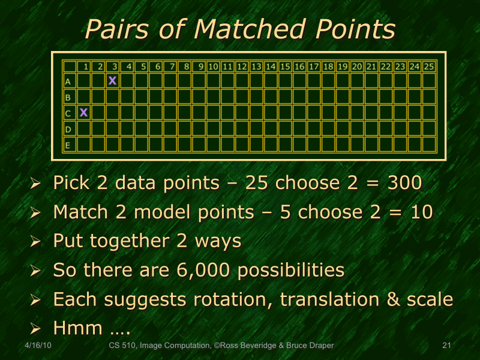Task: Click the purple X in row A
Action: click(x=112, y=80)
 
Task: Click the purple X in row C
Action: click(x=84, y=112)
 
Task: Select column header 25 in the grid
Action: click(x=429, y=66)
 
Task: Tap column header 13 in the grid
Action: click(x=256, y=66)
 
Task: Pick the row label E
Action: click(x=68, y=145)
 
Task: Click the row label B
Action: click(x=68, y=97)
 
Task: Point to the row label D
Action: click(x=68, y=128)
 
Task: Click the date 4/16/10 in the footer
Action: click(x=39, y=346)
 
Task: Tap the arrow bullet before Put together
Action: click(x=35, y=241)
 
